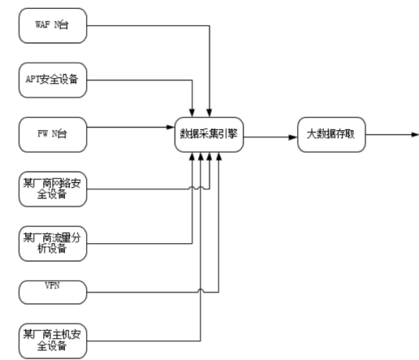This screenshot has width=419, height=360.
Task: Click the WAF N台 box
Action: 51,26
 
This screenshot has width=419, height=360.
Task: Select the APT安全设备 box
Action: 51,80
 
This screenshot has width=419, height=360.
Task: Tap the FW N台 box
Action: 51,134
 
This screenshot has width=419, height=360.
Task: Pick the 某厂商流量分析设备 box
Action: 51,242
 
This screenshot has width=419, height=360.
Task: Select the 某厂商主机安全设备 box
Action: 51,340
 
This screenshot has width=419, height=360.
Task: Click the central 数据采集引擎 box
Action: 209,134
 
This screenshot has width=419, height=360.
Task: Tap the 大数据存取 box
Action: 330,134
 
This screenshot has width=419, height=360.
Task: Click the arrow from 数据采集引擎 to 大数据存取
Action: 271,134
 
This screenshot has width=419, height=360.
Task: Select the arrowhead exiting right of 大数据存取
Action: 415,134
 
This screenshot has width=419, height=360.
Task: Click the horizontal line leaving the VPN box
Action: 147,293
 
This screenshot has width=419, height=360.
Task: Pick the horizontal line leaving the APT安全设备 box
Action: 140,80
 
